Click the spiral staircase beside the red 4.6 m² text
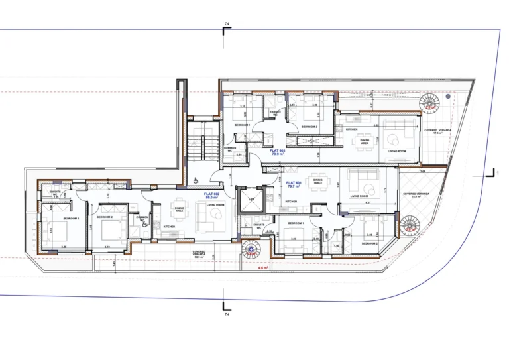coord(253,251)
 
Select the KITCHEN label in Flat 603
coord(351,129)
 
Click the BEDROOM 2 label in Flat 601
coord(370,243)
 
